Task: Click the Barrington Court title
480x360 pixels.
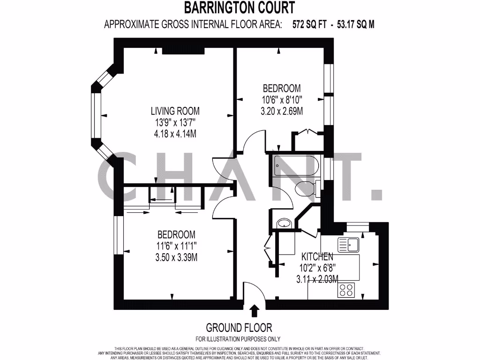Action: (239, 8)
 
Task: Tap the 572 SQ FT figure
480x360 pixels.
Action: (311, 25)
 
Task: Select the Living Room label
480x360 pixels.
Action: (175, 111)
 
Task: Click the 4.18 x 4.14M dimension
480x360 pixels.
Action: (175, 134)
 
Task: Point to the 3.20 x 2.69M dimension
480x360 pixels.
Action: (281, 111)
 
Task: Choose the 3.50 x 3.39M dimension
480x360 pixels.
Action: (176, 257)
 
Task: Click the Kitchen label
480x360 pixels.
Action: (317, 257)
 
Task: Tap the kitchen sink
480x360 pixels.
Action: (348, 244)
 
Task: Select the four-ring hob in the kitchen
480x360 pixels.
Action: (346, 290)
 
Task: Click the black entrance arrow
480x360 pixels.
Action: (255, 310)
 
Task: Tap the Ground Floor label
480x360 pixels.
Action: (239, 328)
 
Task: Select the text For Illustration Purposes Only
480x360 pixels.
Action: (239, 339)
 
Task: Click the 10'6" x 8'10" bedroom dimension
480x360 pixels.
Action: (281, 99)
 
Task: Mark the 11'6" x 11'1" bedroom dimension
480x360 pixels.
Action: (176, 246)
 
